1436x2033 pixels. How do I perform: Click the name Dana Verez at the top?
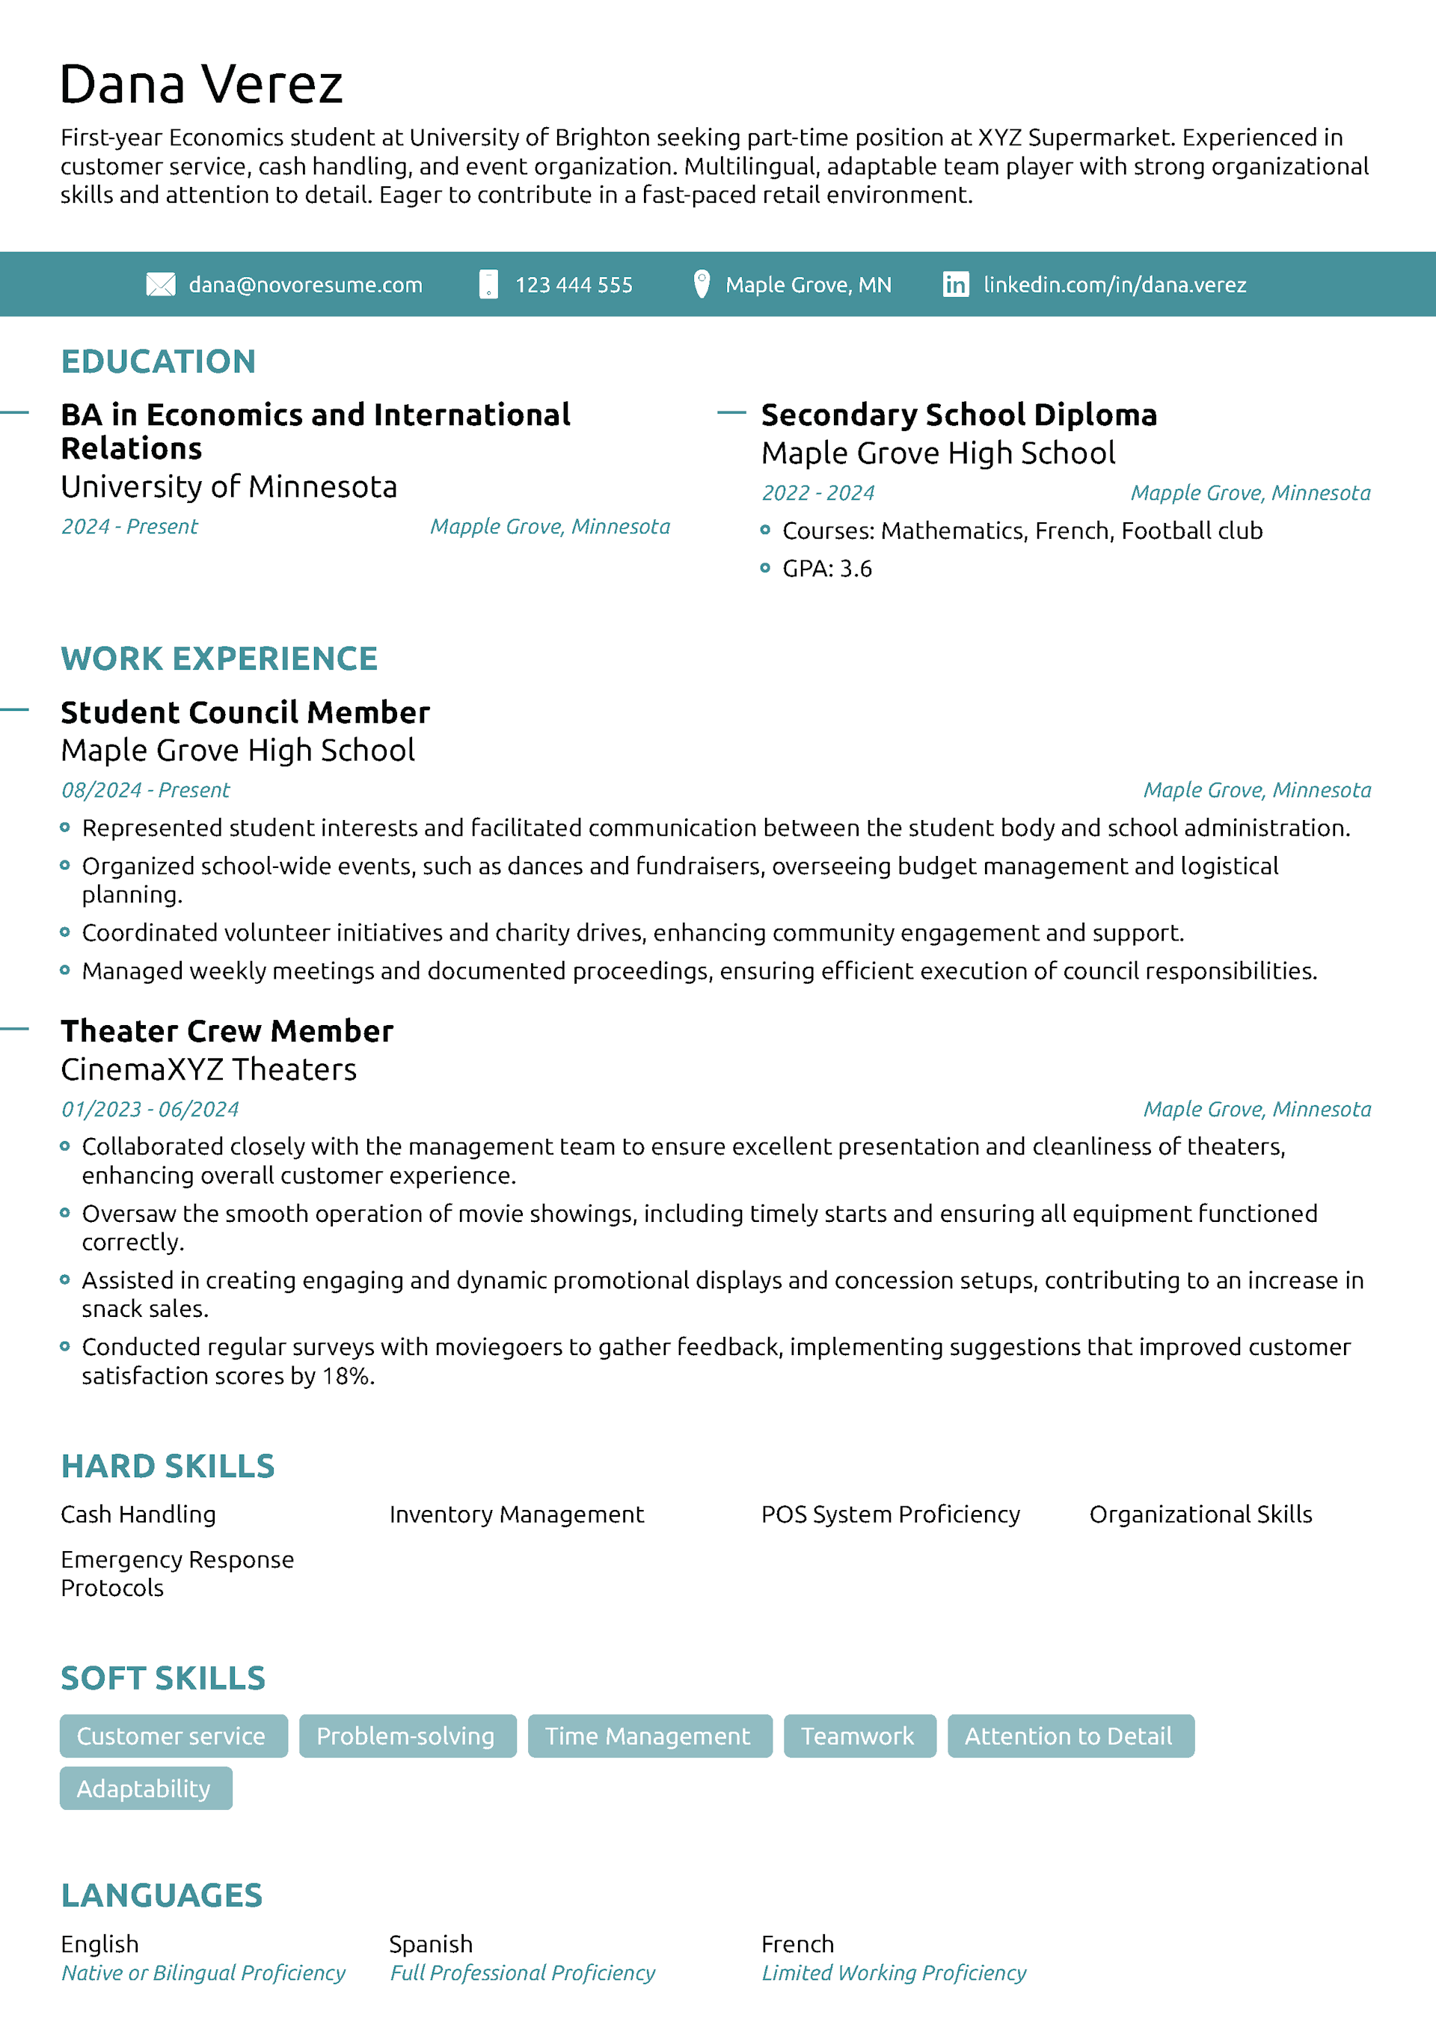coord(201,85)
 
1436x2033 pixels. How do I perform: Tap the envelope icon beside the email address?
coord(160,284)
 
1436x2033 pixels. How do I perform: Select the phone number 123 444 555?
coord(574,285)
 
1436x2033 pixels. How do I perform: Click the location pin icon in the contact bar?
coord(702,284)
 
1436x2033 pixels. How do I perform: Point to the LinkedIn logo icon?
coord(955,284)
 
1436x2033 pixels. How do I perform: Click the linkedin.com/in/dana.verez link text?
coord(1114,285)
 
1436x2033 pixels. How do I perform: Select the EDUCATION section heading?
coord(159,361)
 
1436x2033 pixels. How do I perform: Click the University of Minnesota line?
coord(228,487)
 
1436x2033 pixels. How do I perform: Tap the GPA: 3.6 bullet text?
coord(827,569)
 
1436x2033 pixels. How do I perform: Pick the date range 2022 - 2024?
coord(818,493)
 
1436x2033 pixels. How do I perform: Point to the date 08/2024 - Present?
coord(145,790)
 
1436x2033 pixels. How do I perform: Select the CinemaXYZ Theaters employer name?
coord(209,1070)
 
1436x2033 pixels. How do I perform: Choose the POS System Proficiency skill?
coord(891,1514)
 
